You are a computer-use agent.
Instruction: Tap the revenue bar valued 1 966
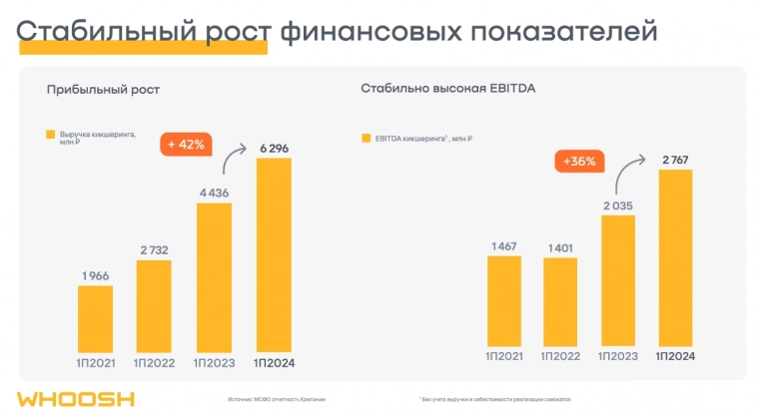pyautogui.click(x=95, y=317)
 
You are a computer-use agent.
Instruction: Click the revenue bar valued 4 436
pyautogui.click(x=214, y=276)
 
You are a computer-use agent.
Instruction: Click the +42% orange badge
pyautogui.click(x=185, y=144)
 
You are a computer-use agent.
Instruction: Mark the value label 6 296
pyautogui.click(x=275, y=148)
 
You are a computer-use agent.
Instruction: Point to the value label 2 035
pyautogui.click(x=618, y=207)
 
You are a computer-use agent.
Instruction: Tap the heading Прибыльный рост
pyautogui.click(x=103, y=90)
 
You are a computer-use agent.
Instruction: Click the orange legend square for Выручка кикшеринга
pyautogui.click(x=50, y=135)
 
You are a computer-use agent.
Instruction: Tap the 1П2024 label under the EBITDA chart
pyautogui.click(x=675, y=356)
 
